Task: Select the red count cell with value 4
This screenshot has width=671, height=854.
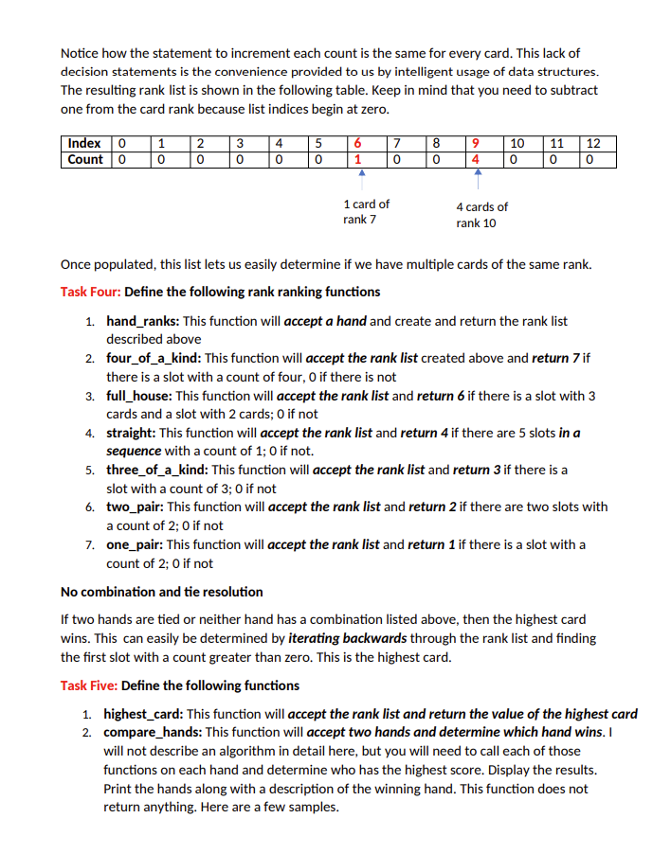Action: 473,159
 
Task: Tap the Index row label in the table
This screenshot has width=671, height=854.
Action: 84,143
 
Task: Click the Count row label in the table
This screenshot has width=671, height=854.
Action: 84,159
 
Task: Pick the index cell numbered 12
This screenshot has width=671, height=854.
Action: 593,143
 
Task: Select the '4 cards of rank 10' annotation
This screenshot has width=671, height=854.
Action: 481,215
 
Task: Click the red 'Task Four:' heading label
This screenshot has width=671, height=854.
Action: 90,292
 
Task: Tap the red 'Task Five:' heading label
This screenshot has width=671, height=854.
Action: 89,685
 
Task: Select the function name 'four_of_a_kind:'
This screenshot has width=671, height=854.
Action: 154,358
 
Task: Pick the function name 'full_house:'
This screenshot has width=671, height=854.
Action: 139,396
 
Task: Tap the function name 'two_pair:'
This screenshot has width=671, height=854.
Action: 134,507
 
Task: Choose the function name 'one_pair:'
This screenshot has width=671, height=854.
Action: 135,544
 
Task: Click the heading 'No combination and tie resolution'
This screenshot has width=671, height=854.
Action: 162,592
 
